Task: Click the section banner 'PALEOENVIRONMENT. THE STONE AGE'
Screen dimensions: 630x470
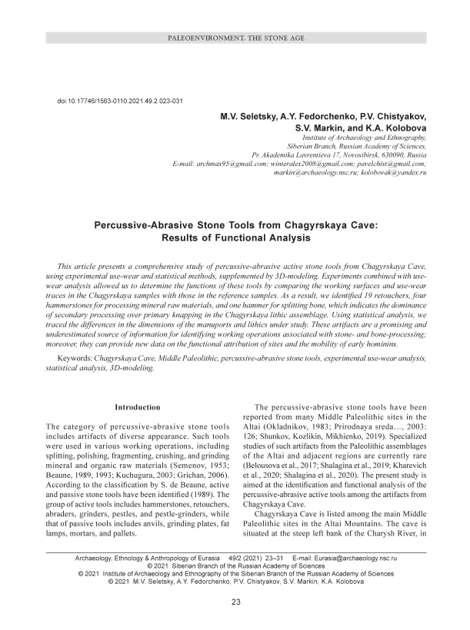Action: (235, 38)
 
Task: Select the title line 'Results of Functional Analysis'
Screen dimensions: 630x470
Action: (235, 239)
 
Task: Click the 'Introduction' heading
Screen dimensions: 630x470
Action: (137, 406)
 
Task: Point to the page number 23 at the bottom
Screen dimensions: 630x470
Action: (235, 602)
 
